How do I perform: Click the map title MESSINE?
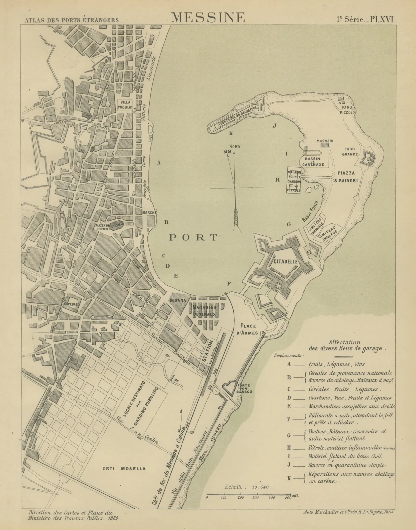(208, 17)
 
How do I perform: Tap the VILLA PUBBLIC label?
(126, 105)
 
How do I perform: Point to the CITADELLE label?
(286, 261)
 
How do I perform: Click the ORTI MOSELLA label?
(124, 469)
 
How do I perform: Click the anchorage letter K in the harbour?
(231, 133)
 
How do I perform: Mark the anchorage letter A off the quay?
(159, 163)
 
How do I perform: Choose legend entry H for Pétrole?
(289, 448)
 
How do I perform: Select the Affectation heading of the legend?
(344, 342)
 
